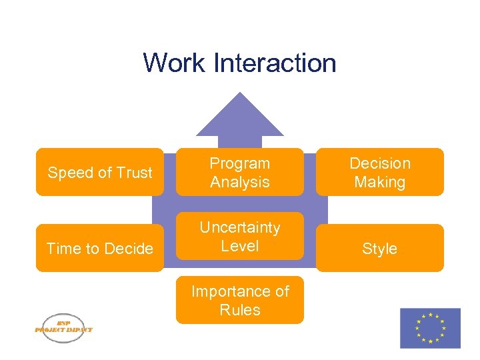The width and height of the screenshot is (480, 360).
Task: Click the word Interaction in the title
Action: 275,63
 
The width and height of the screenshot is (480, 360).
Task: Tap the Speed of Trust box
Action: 100,172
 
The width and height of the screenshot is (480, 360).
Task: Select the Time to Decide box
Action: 100,248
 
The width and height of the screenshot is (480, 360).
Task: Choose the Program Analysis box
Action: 240,172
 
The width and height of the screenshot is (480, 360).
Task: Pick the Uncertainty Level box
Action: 240,236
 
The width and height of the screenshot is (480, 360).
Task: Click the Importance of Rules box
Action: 240,300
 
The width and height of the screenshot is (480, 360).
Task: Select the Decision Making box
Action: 380,172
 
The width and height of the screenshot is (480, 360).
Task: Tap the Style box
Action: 380,248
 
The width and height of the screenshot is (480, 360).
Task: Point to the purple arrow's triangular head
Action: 240,117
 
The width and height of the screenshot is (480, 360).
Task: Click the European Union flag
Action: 430,328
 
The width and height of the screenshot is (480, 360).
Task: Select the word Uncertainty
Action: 240,227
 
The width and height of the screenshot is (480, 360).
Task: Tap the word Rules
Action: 240,310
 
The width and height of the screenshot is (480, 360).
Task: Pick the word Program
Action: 240,163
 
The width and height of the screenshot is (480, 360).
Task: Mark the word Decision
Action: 380,163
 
